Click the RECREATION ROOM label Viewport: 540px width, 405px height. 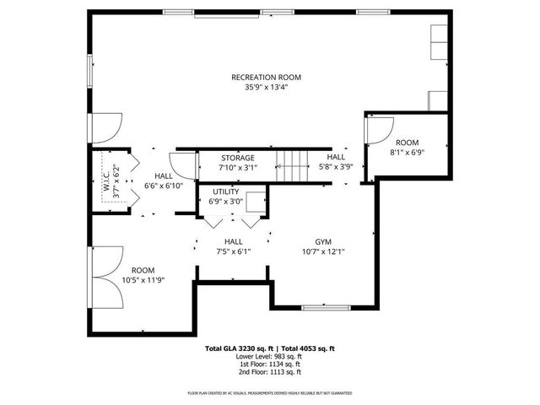(266, 77)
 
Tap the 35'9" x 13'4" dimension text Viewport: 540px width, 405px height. (266, 86)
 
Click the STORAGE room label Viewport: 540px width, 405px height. (238, 158)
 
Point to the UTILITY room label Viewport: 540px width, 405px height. (226, 192)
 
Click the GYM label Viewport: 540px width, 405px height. (323, 240)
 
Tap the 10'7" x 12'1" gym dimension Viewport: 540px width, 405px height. (323, 251)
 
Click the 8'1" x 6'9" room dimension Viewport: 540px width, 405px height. (408, 153)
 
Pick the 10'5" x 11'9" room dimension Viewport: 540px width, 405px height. (142, 279)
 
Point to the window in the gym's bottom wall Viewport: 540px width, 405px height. (325, 307)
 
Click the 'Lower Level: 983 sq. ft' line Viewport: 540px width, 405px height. (269, 356)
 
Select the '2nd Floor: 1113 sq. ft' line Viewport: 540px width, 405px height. (269, 371)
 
